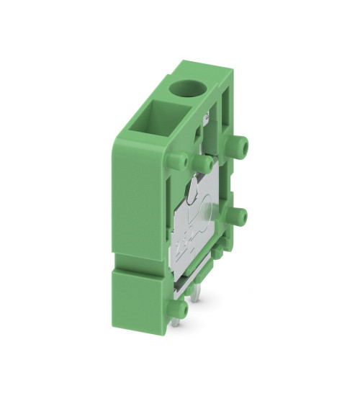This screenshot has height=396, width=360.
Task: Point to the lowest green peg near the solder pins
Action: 181,308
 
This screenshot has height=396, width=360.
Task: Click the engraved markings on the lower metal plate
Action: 189,238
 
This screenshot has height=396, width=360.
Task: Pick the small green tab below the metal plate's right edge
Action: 216,253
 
